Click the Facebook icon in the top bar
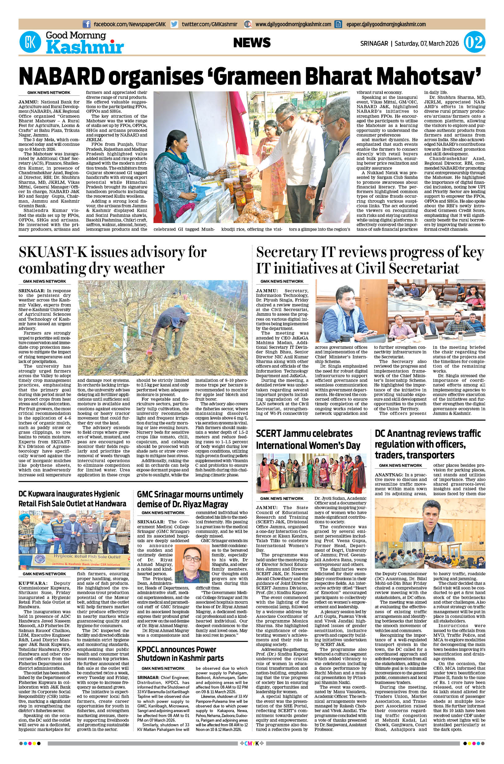click(x=86, y=24)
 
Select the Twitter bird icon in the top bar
click(x=174, y=24)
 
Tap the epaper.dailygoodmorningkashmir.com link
click(x=386, y=24)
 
